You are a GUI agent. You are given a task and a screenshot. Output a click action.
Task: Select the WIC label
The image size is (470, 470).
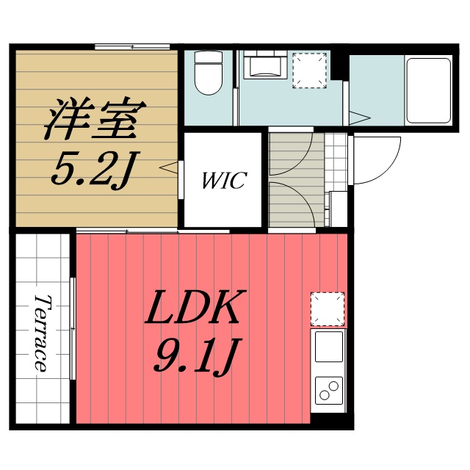223,181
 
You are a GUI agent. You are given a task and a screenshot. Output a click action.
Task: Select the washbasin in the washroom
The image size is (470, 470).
265,67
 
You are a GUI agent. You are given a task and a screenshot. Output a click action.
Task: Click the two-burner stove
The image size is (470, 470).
328,388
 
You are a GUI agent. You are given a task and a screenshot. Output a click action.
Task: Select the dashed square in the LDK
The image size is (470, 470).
327,308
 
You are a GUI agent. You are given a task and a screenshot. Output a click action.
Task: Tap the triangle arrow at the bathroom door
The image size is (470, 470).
359,117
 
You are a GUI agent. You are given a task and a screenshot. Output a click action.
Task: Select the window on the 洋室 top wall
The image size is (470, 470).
132,47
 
